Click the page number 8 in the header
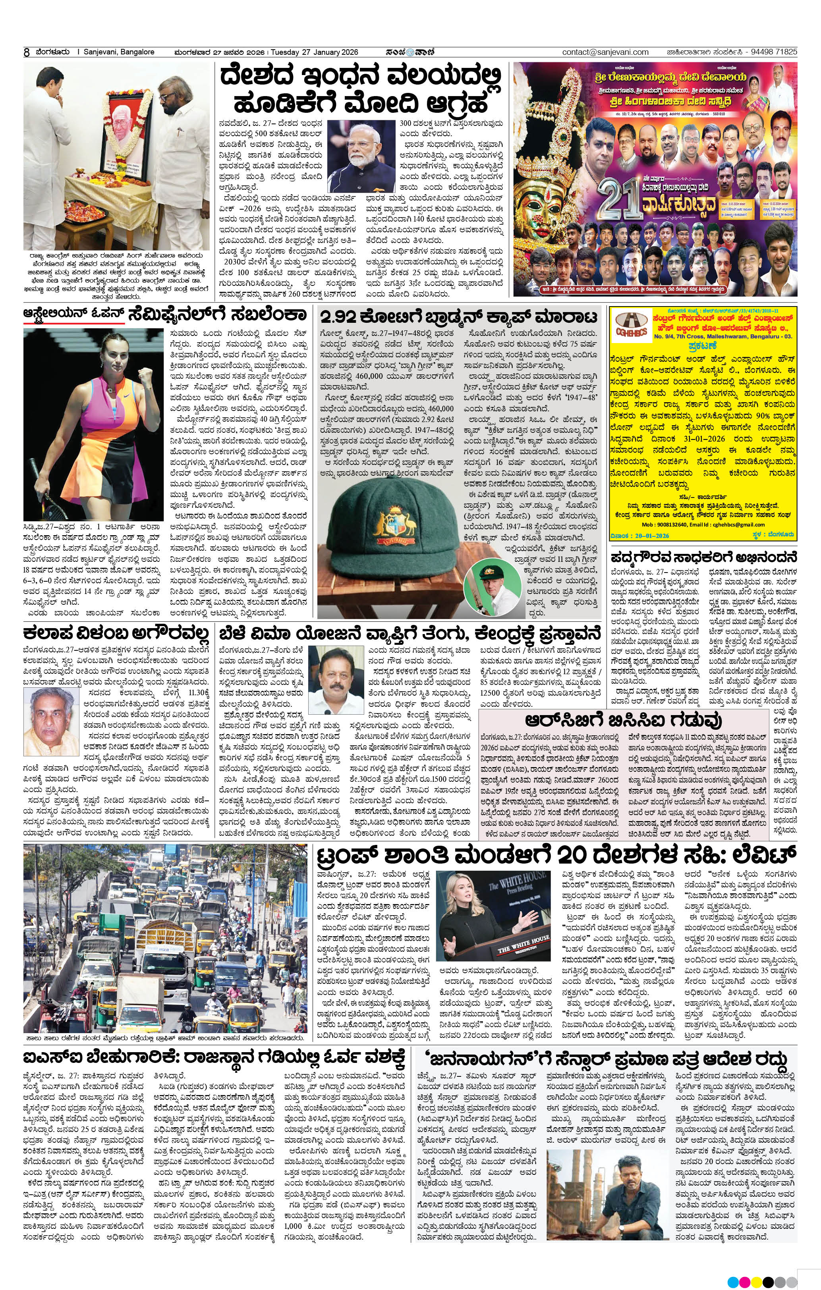click(26, 52)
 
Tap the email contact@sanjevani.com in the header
click(605, 52)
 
